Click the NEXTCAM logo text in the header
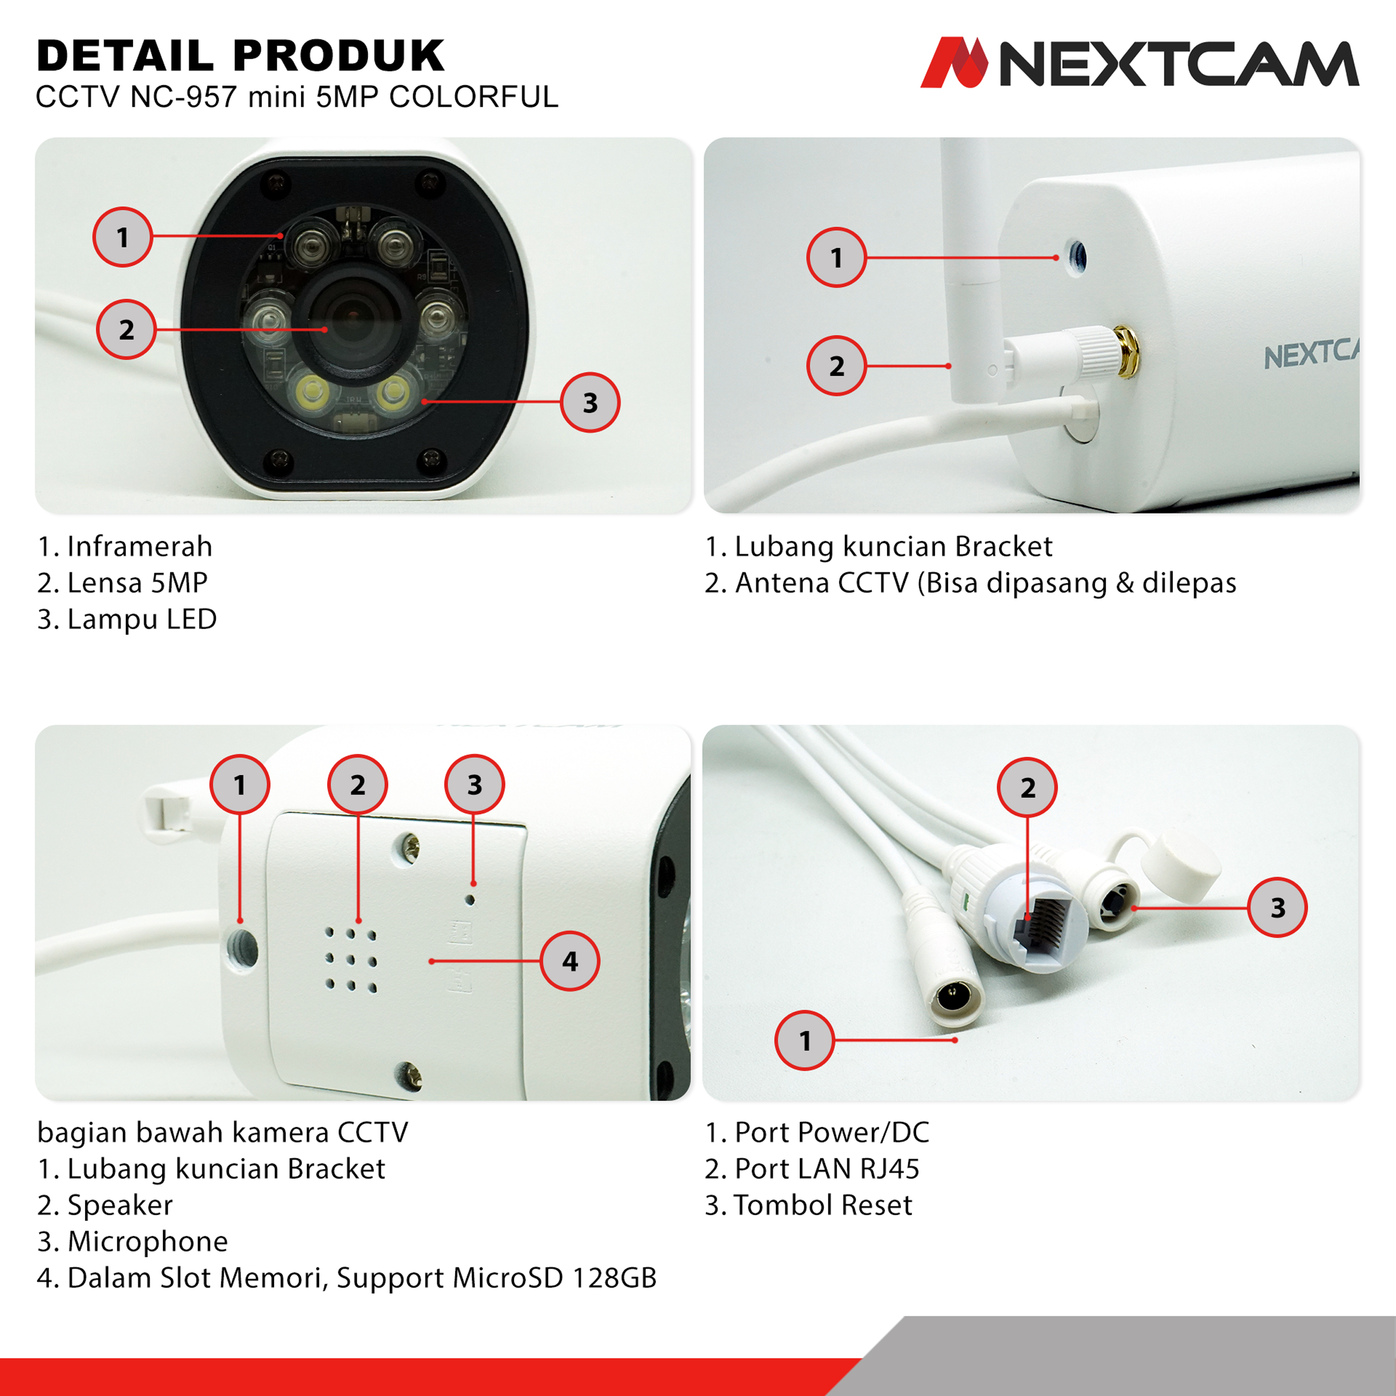click(1178, 64)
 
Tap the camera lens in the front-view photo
click(352, 319)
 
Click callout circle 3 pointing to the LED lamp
click(589, 403)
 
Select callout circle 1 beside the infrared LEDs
click(123, 237)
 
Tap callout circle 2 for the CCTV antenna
click(836, 366)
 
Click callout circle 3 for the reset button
click(1277, 908)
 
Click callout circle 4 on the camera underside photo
click(570, 961)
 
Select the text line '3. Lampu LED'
click(127, 619)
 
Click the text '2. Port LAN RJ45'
click(812, 1168)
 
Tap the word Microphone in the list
click(148, 1242)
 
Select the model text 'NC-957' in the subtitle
click(183, 97)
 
